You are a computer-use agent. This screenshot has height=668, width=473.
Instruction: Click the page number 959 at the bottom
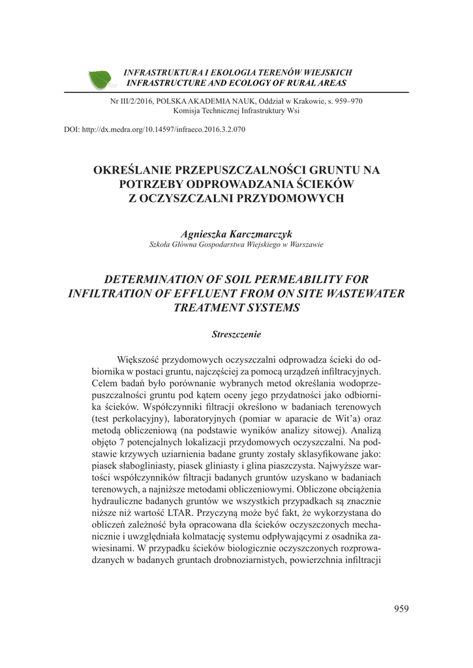401,609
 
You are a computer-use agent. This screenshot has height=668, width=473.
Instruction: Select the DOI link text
154,130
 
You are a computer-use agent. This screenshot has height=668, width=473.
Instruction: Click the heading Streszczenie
236,334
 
